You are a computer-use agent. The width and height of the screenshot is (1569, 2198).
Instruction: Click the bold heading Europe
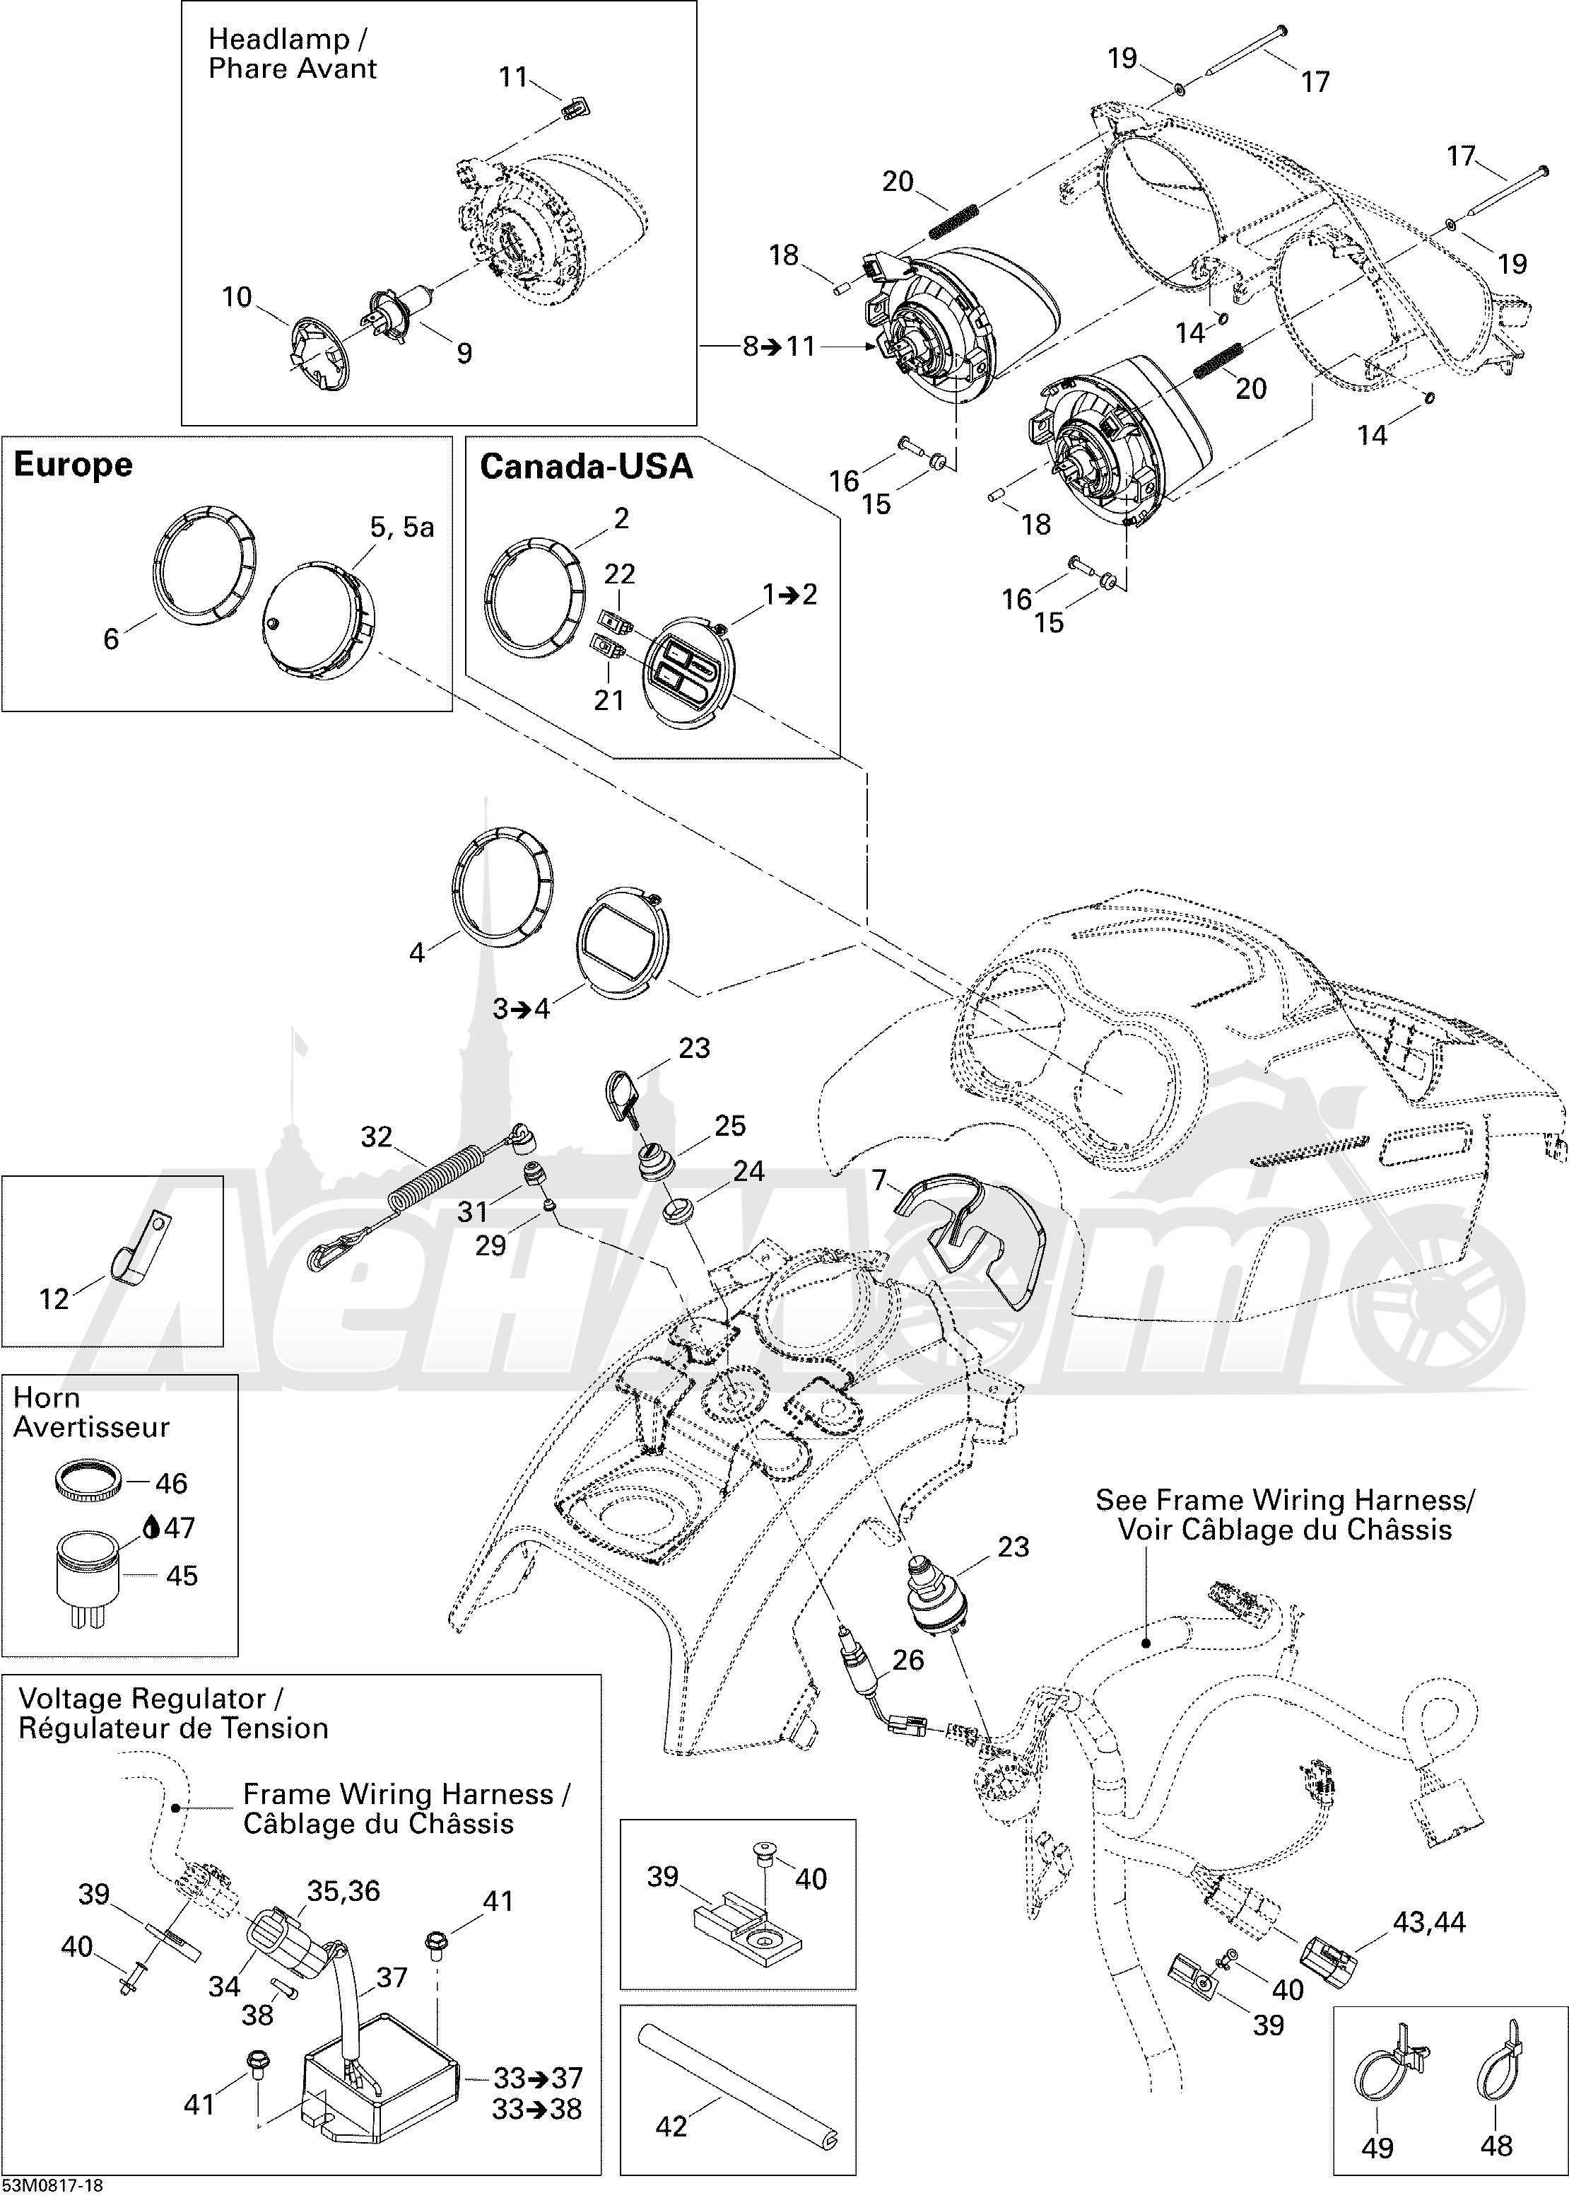74,465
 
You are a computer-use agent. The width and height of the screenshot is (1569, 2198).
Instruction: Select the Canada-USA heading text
587,467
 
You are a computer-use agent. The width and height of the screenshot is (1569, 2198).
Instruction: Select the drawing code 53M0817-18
53,2185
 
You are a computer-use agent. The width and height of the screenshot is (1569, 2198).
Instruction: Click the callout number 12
54,1298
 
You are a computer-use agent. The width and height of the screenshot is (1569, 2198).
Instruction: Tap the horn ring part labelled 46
87,1481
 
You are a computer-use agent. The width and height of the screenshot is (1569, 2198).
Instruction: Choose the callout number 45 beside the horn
182,1576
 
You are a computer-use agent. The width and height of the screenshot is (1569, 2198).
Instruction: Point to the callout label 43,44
1429,1922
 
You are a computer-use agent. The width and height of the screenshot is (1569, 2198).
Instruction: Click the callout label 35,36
344,1890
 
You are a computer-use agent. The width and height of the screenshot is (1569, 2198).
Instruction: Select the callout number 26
908,1660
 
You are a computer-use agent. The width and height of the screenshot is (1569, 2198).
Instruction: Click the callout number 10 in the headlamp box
237,297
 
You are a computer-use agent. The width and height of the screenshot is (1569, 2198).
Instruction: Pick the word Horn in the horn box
47,1397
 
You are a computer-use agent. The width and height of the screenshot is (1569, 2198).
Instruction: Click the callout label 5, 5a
402,527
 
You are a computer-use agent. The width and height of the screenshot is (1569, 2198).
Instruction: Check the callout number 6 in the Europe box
111,638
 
